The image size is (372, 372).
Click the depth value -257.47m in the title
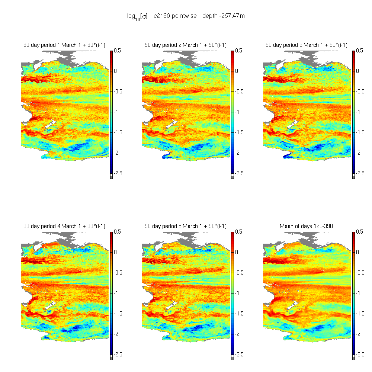(x=224, y=16)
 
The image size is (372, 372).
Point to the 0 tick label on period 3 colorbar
(x=357, y=71)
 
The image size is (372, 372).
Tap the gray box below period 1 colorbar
(x=111, y=177)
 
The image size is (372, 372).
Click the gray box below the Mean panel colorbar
(x=353, y=358)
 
